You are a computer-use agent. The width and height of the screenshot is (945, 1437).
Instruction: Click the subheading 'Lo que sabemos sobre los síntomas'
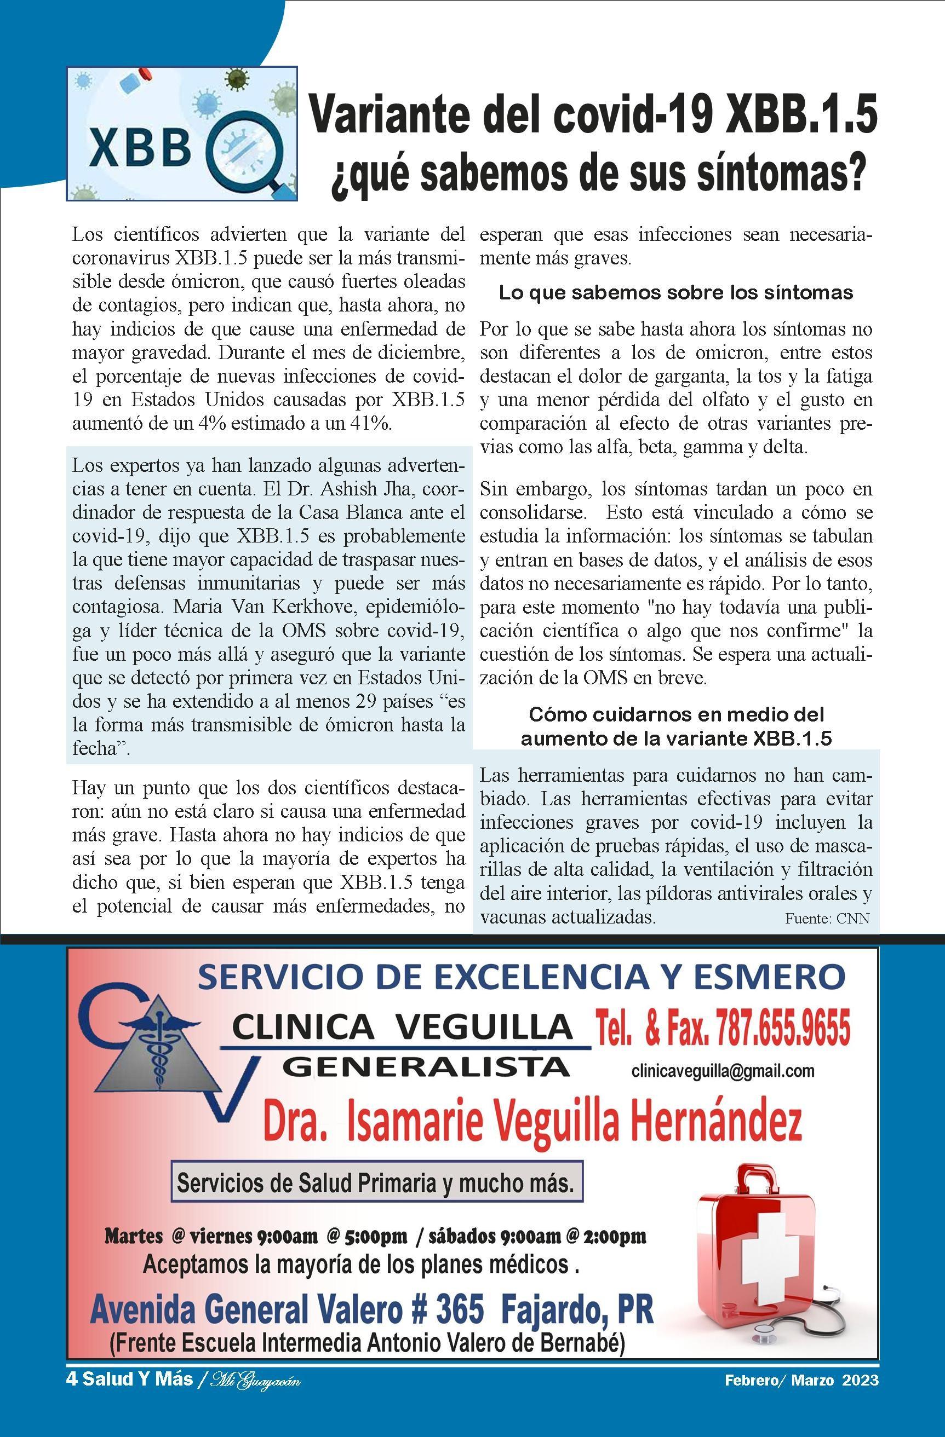point(675,293)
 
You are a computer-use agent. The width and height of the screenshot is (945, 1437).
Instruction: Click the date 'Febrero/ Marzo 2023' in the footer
point(802,1380)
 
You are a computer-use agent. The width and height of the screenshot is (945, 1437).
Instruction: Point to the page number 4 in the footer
point(71,1379)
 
